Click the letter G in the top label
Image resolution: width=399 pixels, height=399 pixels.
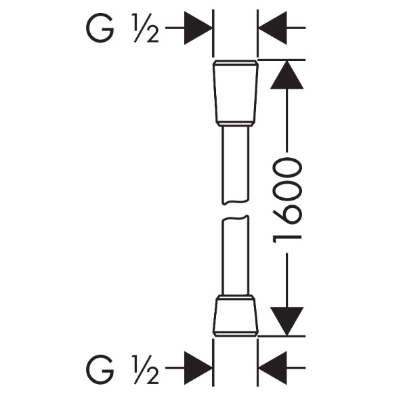(x=100, y=28)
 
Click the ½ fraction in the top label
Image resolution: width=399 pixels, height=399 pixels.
(x=145, y=28)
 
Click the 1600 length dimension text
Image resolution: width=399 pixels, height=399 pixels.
(x=287, y=201)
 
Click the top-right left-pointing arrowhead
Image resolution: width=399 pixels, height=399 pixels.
(x=272, y=28)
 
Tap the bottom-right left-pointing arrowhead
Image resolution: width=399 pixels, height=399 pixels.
(x=272, y=368)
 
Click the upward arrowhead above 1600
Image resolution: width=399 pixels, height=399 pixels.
(x=287, y=75)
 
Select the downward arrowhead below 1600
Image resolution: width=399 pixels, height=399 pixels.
(x=287, y=321)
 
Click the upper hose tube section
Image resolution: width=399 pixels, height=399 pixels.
(x=235, y=165)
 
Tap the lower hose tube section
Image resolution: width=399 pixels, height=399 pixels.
(x=235, y=255)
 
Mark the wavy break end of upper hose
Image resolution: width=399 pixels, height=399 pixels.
(x=235, y=202)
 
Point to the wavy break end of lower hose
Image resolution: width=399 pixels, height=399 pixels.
(x=235, y=218)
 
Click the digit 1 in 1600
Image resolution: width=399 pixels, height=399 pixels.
(x=287, y=239)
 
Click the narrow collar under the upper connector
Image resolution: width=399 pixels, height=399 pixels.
(x=236, y=124)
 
